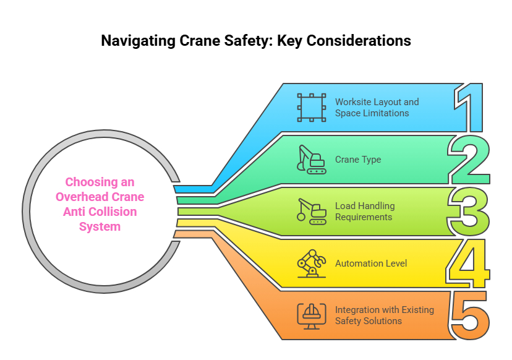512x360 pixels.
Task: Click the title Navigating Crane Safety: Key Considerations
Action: [256, 41]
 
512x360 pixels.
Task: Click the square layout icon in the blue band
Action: [311, 108]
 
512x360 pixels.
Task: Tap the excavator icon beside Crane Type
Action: [311, 160]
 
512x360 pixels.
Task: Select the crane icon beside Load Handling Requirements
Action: [311, 212]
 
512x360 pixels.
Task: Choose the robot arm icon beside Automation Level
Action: [311, 264]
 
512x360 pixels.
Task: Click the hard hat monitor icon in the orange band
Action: [311, 315]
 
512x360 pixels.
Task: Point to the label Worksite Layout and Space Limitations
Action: [377, 108]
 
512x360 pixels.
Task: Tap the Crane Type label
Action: [358, 160]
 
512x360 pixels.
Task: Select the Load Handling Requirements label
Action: [365, 212]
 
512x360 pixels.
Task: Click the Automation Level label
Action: [371, 264]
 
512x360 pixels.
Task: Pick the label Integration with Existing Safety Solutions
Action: [384, 315]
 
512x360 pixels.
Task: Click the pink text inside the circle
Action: [100, 204]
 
